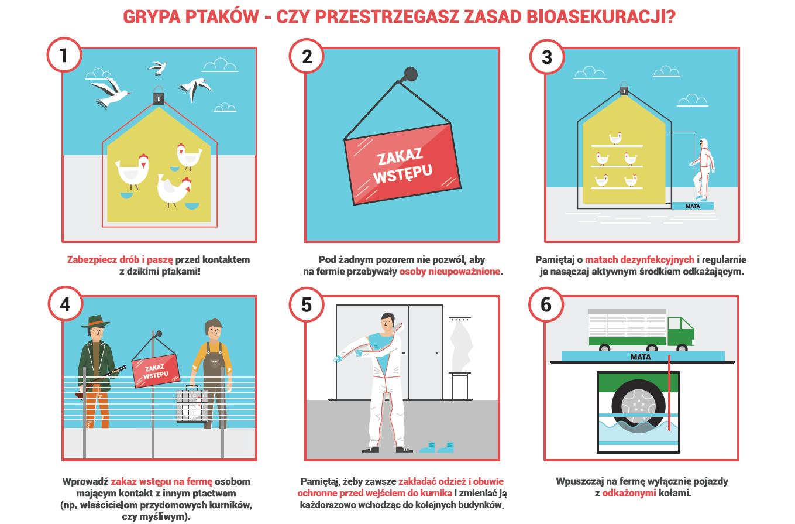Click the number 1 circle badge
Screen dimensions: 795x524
pyautogui.click(x=64, y=55)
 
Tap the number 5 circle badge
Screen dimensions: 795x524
pyautogui.click(x=307, y=305)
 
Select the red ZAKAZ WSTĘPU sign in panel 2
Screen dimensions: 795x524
pyautogui.click(x=402, y=164)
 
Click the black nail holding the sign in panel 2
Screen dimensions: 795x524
pyautogui.click(x=410, y=74)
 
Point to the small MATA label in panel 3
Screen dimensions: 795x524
pyautogui.click(x=693, y=206)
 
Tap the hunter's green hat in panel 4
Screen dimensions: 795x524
pyautogui.click(x=95, y=321)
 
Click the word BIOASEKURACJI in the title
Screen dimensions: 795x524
pyautogui.click(x=601, y=17)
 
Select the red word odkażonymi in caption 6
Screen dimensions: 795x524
pyautogui.click(x=629, y=493)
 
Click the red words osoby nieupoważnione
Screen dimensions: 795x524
pyautogui.click(x=450, y=272)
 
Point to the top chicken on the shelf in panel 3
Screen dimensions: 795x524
pyautogui.click(x=615, y=138)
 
